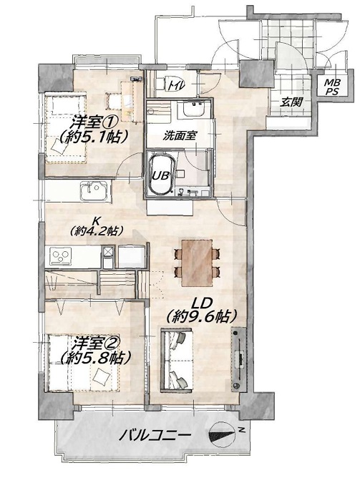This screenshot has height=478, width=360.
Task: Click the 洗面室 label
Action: point(179,136)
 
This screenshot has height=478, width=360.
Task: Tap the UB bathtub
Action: point(160,174)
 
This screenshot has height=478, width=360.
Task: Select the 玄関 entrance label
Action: point(291,102)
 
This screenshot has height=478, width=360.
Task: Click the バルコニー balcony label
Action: point(155,436)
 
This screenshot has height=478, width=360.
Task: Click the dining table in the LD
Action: point(197,263)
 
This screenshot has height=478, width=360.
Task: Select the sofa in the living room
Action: point(177,359)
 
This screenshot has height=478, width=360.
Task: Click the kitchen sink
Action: point(93,191)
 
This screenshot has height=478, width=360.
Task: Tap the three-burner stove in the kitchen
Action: point(61,255)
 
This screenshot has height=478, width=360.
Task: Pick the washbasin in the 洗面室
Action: point(193,109)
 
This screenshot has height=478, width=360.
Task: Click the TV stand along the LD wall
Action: point(238,359)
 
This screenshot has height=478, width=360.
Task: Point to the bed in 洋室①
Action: point(66,129)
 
